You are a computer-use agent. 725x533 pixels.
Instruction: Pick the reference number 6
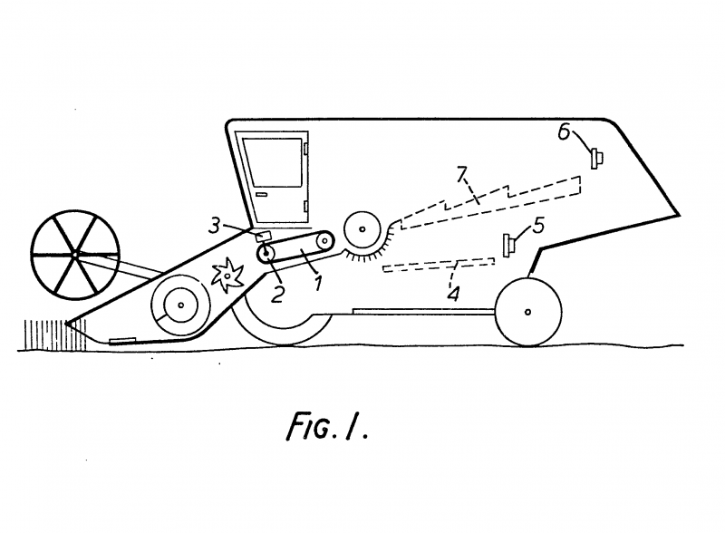pyautogui.click(x=563, y=132)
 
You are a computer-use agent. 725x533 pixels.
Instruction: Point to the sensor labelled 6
pyautogui.click(x=596, y=159)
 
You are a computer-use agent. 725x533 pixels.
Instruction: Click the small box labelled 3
pyautogui.click(x=265, y=237)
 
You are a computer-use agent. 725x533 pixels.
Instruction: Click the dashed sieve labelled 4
pyautogui.click(x=439, y=265)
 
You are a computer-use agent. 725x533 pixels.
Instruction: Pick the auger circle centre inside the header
pyautogui.click(x=180, y=305)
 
